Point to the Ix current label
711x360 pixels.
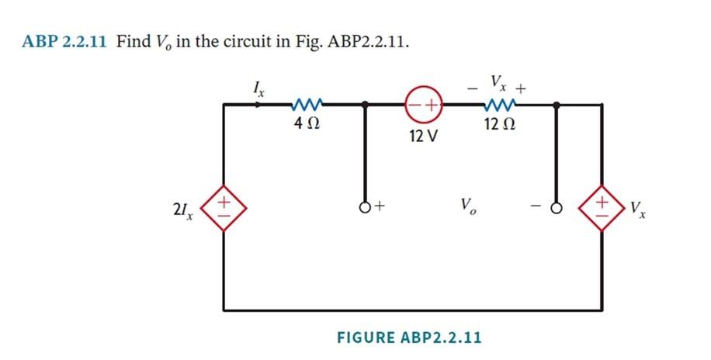(x=260, y=90)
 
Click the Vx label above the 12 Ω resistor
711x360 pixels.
(x=498, y=82)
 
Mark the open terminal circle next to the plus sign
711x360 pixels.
(x=364, y=207)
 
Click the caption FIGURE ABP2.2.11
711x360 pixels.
(x=409, y=337)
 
